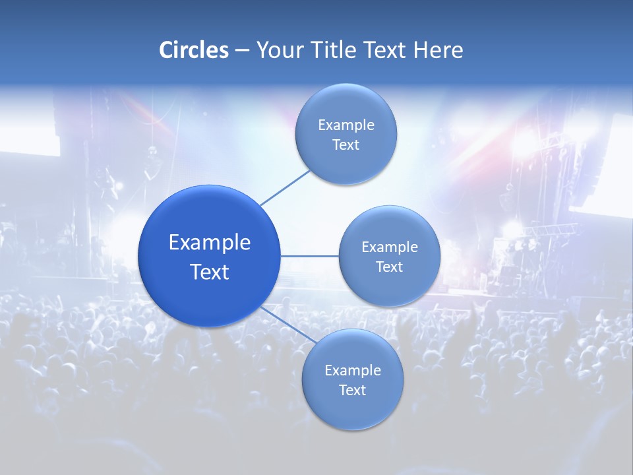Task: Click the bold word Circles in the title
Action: [194, 50]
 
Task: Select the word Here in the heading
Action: [438, 50]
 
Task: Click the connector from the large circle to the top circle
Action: [285, 187]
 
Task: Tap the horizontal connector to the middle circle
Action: [309, 256]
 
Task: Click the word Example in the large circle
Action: [210, 243]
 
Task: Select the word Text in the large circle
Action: [210, 272]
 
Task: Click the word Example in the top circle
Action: [346, 125]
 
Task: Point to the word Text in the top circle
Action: [346, 145]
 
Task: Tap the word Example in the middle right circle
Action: [390, 247]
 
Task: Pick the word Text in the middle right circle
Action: [390, 267]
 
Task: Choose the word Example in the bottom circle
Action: [353, 371]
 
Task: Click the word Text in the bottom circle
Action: [353, 391]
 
